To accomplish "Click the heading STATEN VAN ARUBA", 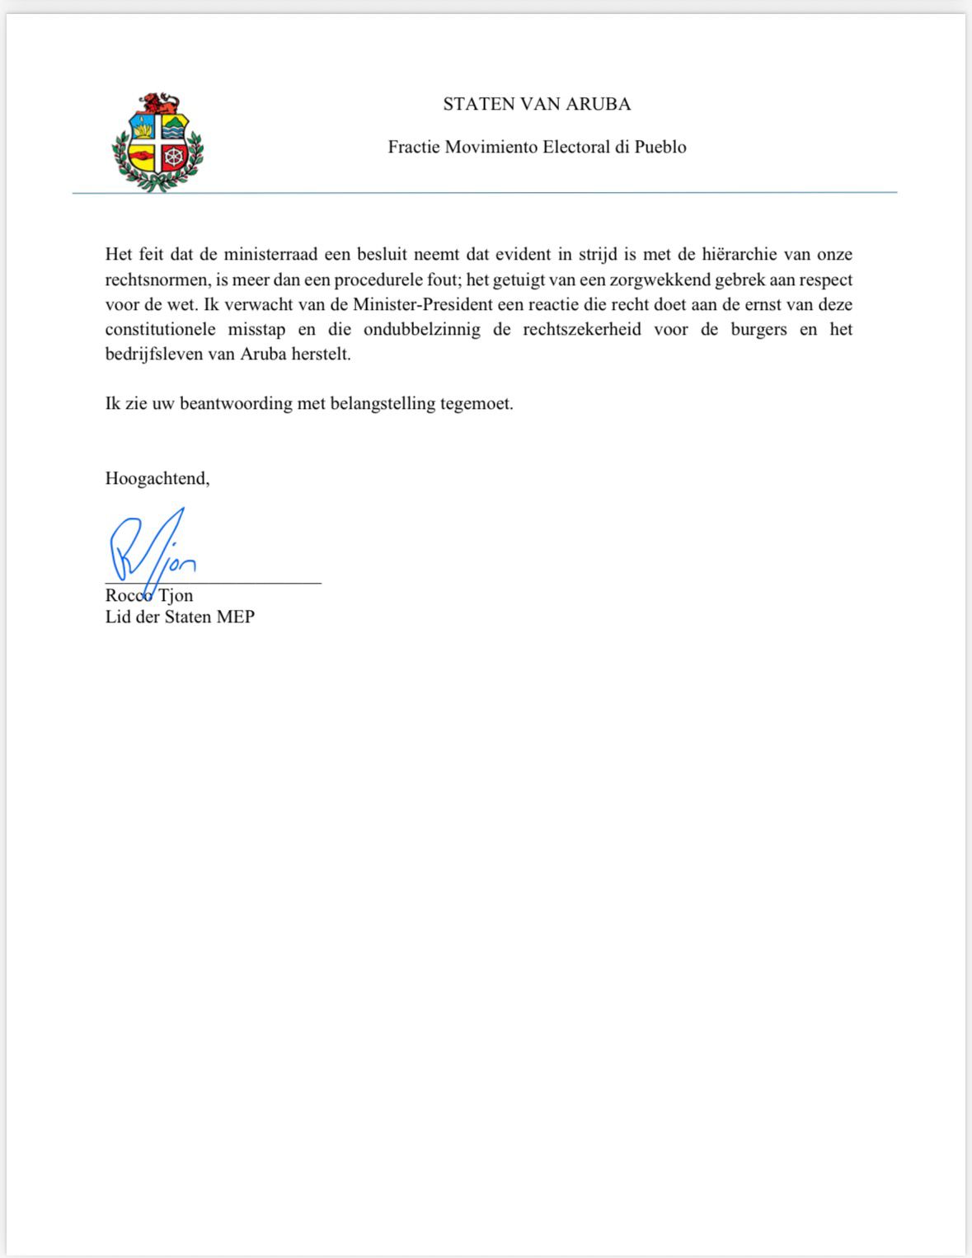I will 537,104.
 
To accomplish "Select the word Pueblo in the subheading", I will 660,148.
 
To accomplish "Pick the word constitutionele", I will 160,330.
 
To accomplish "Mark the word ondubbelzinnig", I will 422,330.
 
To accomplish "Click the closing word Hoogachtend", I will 157,478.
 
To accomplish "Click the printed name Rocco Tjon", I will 149,595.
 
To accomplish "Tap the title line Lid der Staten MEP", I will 180,617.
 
